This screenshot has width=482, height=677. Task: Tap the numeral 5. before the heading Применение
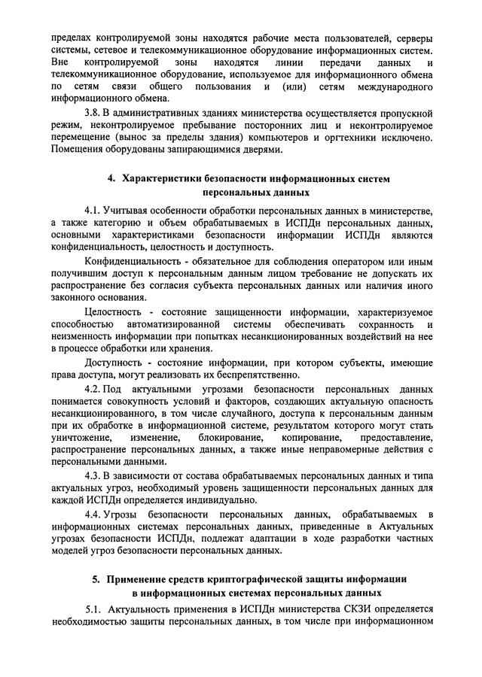[96, 579]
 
